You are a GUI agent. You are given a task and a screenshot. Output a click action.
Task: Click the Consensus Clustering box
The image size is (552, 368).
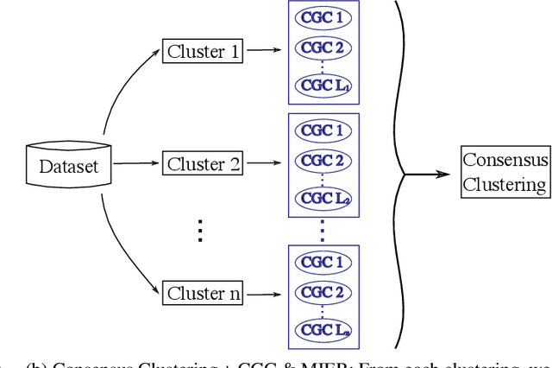505,173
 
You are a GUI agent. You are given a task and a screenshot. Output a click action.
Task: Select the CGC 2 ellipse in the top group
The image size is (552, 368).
323,48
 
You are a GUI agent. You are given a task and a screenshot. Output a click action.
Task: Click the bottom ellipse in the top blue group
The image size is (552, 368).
323,85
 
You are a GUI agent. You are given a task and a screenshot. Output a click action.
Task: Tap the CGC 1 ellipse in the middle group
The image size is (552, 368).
323,131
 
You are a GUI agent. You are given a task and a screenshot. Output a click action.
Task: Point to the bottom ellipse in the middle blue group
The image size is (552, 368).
323,199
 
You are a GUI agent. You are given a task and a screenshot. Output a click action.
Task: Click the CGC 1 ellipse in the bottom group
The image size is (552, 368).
323,261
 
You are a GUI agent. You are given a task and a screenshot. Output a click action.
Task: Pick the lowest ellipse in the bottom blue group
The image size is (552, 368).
323,328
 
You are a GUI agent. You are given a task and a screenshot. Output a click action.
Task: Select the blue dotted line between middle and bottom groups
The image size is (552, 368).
323,230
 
